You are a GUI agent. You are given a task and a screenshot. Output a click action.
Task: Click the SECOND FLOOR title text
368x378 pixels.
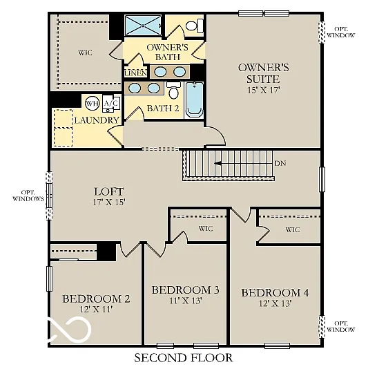click(183, 358)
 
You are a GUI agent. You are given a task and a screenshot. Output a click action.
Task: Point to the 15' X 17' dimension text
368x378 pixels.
click(263, 90)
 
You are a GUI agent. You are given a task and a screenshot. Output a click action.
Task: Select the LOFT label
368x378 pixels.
click(108, 191)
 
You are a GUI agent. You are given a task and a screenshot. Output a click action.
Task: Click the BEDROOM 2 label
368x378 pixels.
click(96, 299)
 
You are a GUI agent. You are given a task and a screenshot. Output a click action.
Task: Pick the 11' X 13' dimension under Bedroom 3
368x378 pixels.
click(185, 301)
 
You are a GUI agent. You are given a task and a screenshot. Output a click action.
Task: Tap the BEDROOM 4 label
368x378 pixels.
click(275, 292)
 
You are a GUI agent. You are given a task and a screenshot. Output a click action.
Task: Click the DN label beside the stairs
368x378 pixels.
click(280, 164)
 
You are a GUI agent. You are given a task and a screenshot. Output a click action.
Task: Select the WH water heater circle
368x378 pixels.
click(92, 104)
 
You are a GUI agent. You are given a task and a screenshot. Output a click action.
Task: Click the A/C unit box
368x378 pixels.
click(111, 104)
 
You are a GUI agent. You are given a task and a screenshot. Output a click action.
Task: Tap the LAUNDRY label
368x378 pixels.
click(97, 120)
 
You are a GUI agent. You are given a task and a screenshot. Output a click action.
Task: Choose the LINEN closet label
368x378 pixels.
click(135, 73)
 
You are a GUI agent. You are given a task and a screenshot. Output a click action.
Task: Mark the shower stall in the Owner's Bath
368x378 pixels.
click(142, 26)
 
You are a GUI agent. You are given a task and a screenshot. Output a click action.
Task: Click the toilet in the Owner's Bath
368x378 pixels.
click(194, 26)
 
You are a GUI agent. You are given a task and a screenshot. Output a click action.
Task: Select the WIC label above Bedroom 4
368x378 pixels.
click(292, 229)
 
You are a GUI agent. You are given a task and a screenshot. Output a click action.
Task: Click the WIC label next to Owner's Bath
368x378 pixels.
click(85, 53)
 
